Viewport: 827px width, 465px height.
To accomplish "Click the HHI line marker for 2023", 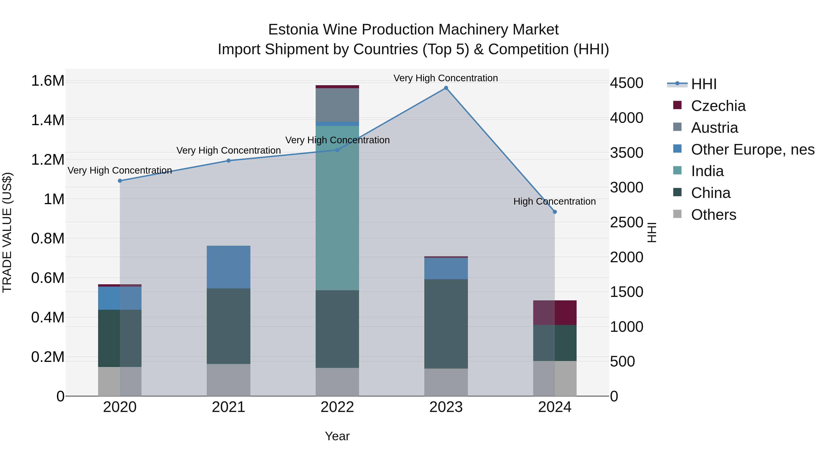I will point(446,88).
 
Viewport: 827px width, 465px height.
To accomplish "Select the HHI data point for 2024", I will point(555,212).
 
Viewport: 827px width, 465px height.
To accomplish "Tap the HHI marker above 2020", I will point(120,181).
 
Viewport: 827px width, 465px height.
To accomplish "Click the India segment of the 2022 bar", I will point(337,209).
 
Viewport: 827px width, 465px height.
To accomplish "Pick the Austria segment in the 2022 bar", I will point(337,105).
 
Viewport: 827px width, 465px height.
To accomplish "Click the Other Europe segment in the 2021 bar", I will point(228,267).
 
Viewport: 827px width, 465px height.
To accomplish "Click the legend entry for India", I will point(707,171).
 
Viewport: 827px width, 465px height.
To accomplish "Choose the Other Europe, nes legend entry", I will point(753,149).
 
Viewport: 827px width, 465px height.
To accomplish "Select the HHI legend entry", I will point(704,84).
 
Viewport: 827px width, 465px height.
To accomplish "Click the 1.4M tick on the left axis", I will point(48,120).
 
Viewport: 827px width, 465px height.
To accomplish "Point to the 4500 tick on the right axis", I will point(626,83).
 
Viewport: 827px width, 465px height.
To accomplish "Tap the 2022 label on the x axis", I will point(337,407).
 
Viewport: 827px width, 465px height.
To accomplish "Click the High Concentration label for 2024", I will point(555,202).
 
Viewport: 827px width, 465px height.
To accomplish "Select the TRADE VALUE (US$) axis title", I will point(7,232).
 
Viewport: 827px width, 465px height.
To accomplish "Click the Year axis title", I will point(337,436).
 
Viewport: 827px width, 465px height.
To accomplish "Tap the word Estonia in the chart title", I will point(293,30).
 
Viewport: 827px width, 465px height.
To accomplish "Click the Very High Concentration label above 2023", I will point(446,78).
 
